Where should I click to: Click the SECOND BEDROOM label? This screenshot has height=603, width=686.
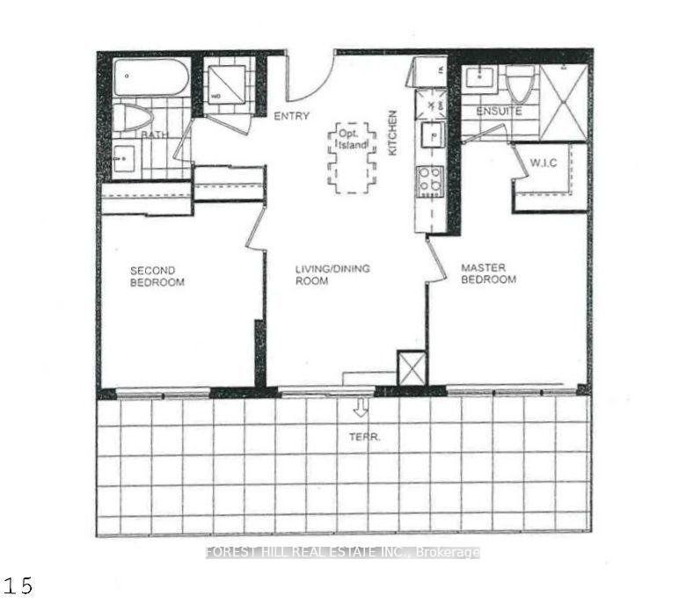point(157,276)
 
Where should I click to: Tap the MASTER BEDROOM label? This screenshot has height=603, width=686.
point(489,273)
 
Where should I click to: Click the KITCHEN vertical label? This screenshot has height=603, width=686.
point(393,133)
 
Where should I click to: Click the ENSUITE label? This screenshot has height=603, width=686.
point(499,112)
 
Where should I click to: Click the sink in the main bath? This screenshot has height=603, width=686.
point(123,159)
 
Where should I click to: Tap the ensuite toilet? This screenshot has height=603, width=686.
point(520,84)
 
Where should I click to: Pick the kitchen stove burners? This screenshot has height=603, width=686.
point(430,182)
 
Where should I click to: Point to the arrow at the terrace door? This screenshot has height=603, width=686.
point(361,408)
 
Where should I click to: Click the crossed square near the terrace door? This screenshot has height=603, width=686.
point(412,368)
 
